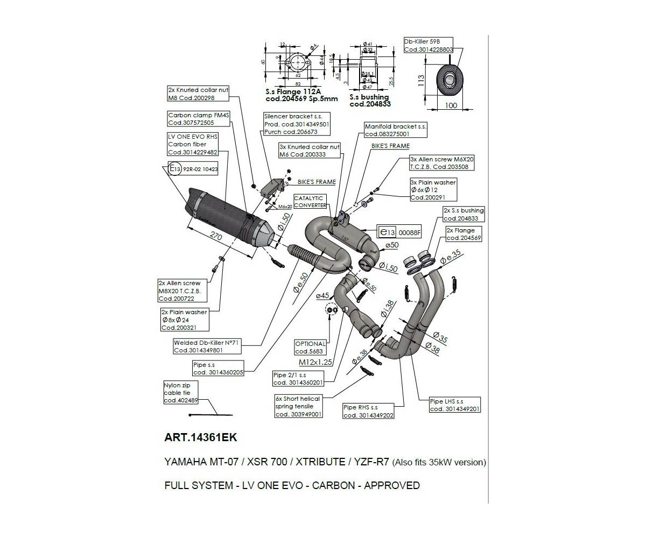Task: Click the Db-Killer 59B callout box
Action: [427, 45]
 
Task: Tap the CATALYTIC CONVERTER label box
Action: [310, 202]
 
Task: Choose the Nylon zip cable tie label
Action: [181, 392]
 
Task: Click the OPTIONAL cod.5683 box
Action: [310, 348]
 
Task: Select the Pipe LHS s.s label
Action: [454, 405]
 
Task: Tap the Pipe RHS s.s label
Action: [368, 411]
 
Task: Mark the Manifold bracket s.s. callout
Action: [395, 130]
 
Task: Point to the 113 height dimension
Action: [421, 80]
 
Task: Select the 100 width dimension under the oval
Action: [451, 105]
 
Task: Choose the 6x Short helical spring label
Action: [298, 406]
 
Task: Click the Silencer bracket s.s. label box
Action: [297, 124]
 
